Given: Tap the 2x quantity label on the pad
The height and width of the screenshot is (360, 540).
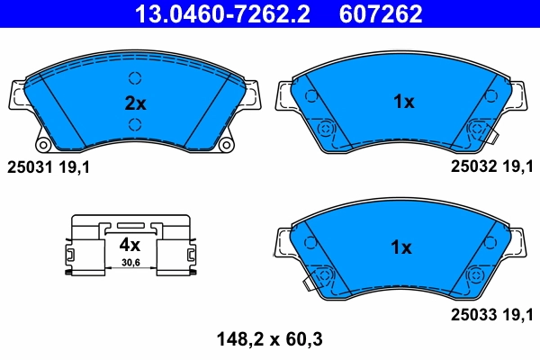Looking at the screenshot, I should (x=135, y=103).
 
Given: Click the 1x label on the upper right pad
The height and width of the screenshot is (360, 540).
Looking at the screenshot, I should (x=403, y=103).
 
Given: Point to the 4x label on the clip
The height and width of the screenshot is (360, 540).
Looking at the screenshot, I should (x=130, y=244).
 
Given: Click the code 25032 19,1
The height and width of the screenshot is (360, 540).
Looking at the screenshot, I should (x=491, y=166).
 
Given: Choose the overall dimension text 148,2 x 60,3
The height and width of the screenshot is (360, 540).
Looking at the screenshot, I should (x=269, y=339).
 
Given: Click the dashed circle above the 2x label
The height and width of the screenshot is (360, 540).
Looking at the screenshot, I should (x=135, y=78).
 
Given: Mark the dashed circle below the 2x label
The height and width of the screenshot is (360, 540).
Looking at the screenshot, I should (x=135, y=124).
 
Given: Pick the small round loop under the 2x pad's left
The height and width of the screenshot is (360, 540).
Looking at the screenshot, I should (x=42, y=144).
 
